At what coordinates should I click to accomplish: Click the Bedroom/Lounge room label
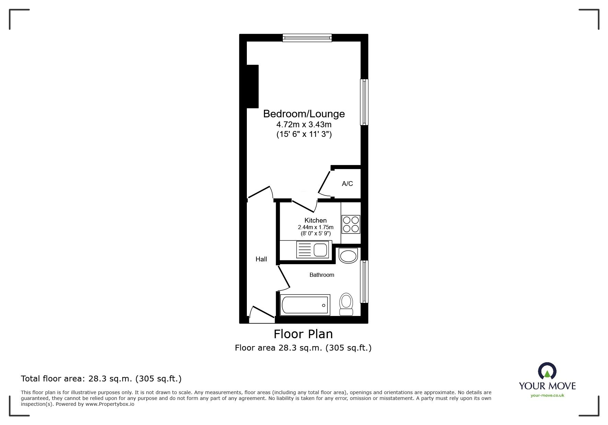pyautogui.click(x=304, y=114)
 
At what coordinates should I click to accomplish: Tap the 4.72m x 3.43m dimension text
pyautogui.click(x=304, y=125)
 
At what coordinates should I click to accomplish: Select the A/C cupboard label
pyautogui.click(x=347, y=184)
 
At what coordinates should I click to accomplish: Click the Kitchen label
pyautogui.click(x=316, y=220)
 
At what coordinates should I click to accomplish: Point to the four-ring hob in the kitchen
pyautogui.click(x=351, y=224)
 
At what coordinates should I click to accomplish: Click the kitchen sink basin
pyautogui.click(x=321, y=250)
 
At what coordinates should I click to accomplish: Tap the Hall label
pyautogui.click(x=261, y=259)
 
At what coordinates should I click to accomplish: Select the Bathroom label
pyautogui.click(x=322, y=275)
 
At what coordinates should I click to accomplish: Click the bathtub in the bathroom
pyautogui.click(x=305, y=305)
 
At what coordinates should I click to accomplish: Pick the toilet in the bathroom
pyautogui.click(x=346, y=304)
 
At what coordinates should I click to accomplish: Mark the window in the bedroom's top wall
pyautogui.click(x=307, y=37)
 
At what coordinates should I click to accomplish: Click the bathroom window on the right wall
pyautogui.click(x=364, y=282)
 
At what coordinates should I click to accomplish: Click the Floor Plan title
pyautogui.click(x=303, y=334)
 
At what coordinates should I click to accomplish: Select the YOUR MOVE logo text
pyautogui.click(x=547, y=386)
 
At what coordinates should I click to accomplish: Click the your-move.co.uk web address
pyautogui.click(x=547, y=396)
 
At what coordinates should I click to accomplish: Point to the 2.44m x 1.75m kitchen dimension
pyautogui.click(x=316, y=227)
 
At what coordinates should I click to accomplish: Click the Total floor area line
pyautogui.click(x=101, y=379)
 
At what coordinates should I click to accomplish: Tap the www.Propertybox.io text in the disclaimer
pyautogui.click(x=110, y=404)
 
